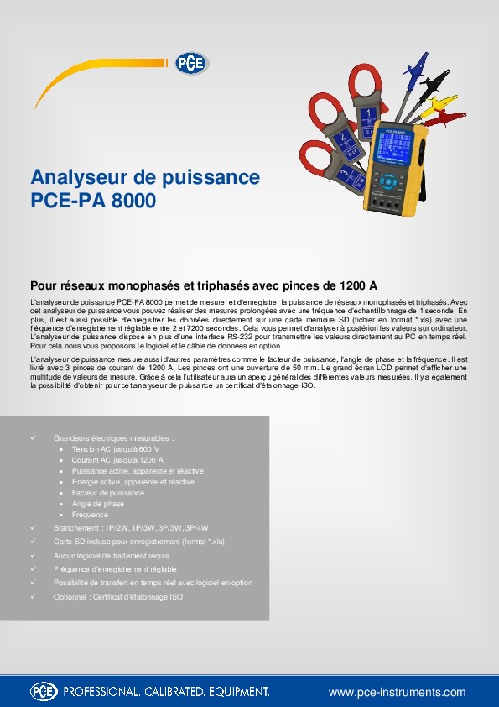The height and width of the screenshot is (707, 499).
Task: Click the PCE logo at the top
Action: (x=190, y=64)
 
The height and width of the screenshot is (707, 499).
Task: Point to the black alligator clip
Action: (x=433, y=85)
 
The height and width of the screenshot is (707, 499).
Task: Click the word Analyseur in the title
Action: (x=80, y=178)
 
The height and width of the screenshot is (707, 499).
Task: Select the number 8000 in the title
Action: (x=131, y=202)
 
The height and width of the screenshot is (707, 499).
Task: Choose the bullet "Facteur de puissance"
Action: (x=108, y=493)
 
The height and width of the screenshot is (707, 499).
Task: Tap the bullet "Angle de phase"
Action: (x=98, y=504)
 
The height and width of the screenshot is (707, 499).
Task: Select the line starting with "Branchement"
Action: (x=131, y=528)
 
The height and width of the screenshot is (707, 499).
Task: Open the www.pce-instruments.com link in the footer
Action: (x=397, y=692)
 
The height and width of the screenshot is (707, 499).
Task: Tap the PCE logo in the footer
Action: (x=44, y=692)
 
